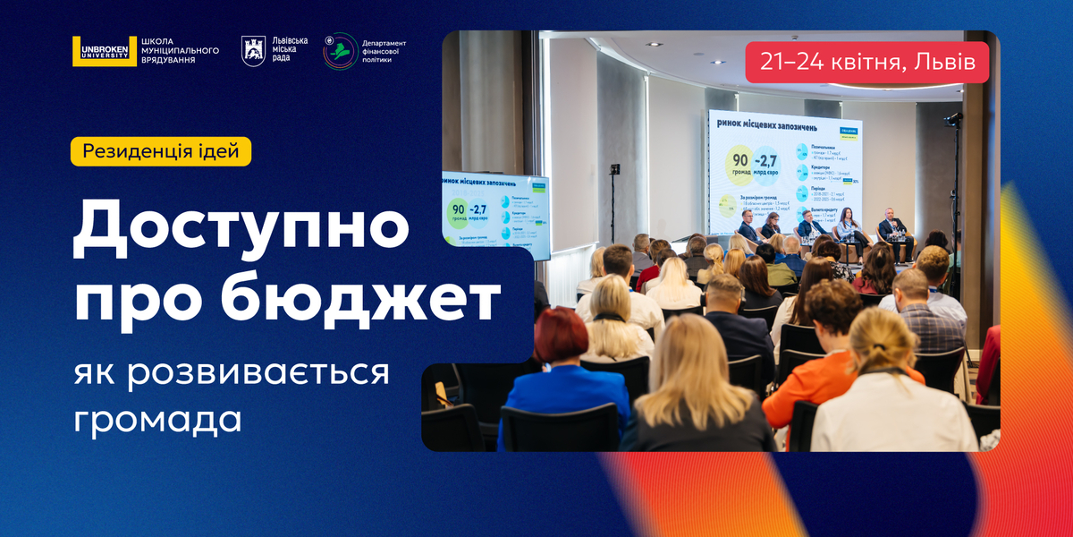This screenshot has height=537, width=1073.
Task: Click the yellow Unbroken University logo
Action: point(91,51)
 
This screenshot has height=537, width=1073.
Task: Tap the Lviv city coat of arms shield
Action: point(253,51)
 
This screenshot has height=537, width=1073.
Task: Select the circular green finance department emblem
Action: point(339,51)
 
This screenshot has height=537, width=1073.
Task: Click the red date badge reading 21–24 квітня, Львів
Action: point(866,62)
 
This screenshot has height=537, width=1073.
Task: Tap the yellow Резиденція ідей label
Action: point(161,150)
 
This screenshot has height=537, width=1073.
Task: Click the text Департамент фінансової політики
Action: point(384,51)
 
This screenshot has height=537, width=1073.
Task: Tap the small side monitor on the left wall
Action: point(496,213)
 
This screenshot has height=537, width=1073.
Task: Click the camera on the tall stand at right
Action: point(953,119)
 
